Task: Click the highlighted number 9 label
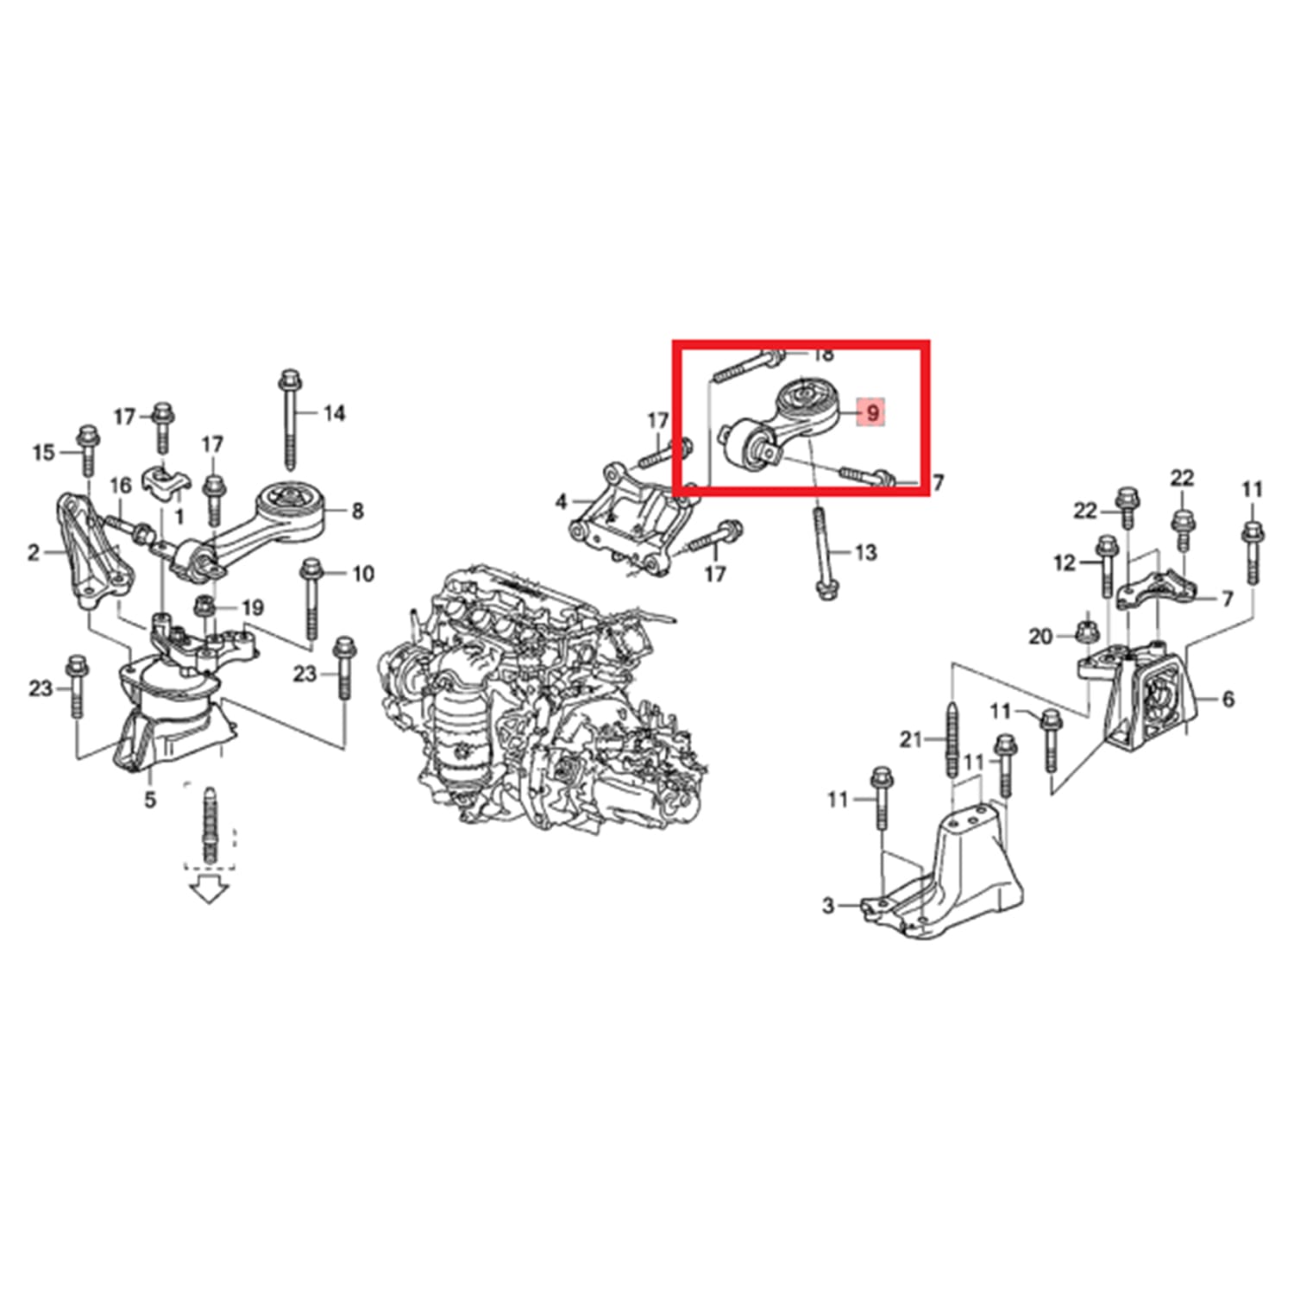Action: pyautogui.click(x=872, y=412)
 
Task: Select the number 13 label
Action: pyautogui.click(x=864, y=552)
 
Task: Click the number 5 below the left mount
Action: pyautogui.click(x=150, y=800)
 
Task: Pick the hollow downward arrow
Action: pyautogui.click(x=208, y=888)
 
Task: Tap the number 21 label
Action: pyautogui.click(x=912, y=739)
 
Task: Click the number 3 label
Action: pyautogui.click(x=828, y=906)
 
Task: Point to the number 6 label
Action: pyautogui.click(x=1228, y=699)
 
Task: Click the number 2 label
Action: pyautogui.click(x=33, y=552)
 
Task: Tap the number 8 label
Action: pyautogui.click(x=357, y=511)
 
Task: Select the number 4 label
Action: pyautogui.click(x=561, y=501)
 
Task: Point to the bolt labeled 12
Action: pyautogui.click(x=1108, y=565)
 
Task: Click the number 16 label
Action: pyautogui.click(x=121, y=486)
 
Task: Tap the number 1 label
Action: pyautogui.click(x=179, y=517)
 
